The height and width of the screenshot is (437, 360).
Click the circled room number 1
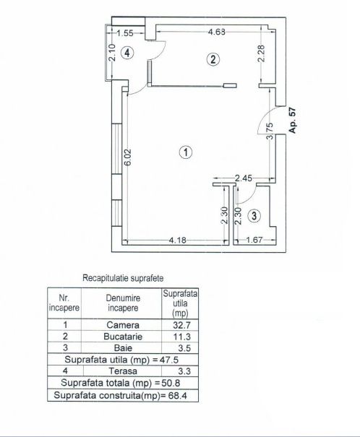(186, 152)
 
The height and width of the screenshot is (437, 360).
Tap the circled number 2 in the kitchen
(213, 59)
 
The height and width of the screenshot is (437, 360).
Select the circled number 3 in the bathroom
(254, 216)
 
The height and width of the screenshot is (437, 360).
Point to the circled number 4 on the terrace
(127, 53)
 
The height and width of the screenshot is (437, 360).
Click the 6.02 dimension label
(128, 157)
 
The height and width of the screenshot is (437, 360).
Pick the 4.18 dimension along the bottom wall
(178, 240)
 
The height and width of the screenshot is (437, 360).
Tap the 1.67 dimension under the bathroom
(254, 240)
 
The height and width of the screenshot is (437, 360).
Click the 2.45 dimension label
(244, 178)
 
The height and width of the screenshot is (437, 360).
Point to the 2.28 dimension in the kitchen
(261, 53)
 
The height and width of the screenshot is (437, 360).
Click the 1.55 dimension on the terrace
(124, 33)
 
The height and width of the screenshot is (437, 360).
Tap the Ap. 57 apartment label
(292, 120)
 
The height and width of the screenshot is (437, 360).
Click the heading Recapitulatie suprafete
(123, 278)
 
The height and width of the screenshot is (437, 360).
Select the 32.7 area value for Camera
(181, 325)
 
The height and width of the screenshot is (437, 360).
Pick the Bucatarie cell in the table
(123, 337)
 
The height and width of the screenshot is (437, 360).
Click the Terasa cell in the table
(123, 371)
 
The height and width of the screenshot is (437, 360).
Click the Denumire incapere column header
(123, 303)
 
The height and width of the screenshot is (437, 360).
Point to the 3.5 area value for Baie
(184, 348)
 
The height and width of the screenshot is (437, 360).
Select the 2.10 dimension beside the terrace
(112, 53)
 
